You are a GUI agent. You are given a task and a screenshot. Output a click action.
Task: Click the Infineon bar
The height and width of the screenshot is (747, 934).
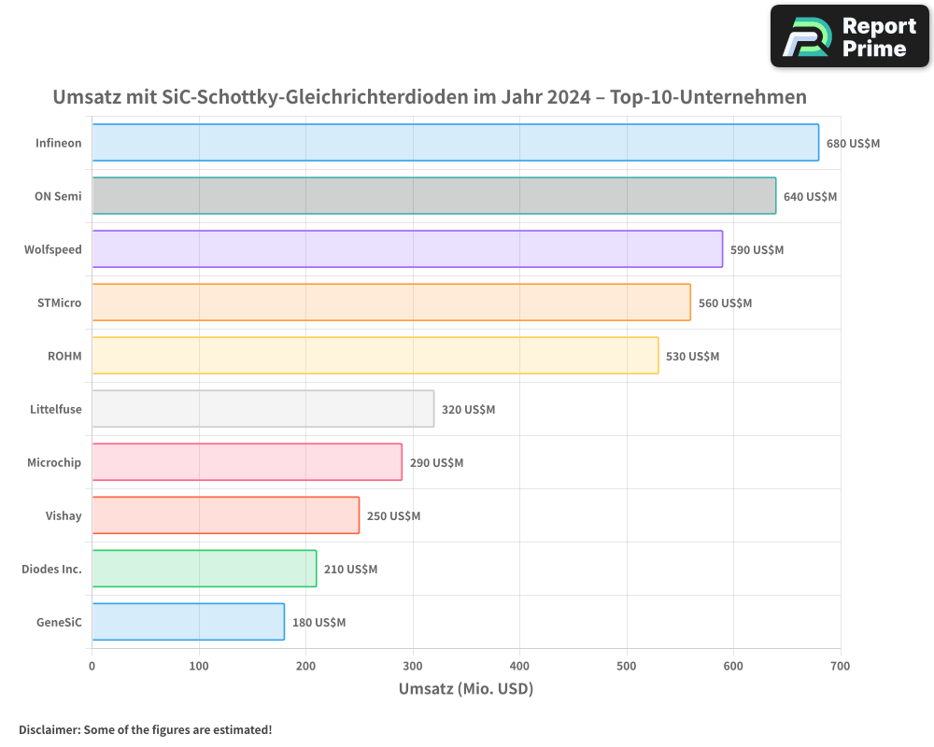click(455, 143)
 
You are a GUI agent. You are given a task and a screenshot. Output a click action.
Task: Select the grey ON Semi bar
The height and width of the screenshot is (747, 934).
click(433, 196)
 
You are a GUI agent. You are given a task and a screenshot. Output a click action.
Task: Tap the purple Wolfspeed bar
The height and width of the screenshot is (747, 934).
click(407, 249)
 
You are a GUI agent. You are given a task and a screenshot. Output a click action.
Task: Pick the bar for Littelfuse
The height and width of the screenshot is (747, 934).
click(262, 409)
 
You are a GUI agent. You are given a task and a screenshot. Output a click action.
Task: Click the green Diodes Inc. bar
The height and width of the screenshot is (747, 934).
click(204, 569)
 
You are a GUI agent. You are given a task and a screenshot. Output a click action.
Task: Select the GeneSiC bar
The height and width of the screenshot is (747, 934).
click(188, 622)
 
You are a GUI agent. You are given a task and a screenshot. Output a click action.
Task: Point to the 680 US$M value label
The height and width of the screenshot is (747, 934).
click(853, 144)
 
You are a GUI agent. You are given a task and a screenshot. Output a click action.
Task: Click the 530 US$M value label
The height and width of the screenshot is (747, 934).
click(692, 357)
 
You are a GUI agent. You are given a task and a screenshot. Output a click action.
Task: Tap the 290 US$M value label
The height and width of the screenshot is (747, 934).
click(436, 463)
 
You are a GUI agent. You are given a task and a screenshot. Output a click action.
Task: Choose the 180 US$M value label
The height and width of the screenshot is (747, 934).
click(318, 623)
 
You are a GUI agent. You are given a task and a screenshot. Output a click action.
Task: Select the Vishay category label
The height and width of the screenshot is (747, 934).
click(64, 516)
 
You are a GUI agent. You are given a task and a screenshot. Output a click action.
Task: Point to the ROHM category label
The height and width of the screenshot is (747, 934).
click(64, 357)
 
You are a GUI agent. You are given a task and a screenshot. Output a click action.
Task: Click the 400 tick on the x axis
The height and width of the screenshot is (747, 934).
click(519, 667)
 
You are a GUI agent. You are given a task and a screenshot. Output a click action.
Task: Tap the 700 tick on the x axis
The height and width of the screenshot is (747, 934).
click(840, 667)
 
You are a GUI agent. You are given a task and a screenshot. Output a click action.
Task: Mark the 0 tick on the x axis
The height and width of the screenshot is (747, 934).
click(92, 667)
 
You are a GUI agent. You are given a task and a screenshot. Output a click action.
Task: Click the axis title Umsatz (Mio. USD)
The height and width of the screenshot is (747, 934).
click(465, 690)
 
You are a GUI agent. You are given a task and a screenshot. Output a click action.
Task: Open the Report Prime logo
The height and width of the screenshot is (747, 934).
click(849, 36)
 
